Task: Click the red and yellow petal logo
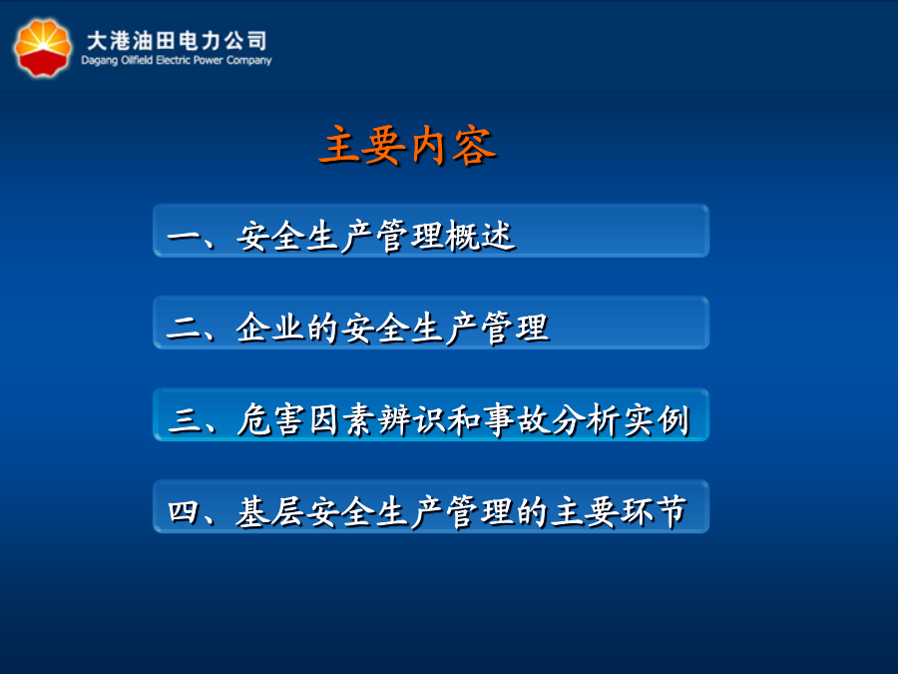pyautogui.click(x=43, y=48)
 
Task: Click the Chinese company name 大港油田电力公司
pyautogui.click(x=177, y=41)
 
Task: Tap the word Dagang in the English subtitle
pyautogui.click(x=99, y=61)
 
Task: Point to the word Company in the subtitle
pyautogui.click(x=248, y=61)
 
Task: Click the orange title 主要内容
pyautogui.click(x=408, y=145)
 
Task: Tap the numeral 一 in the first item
pyautogui.click(x=184, y=236)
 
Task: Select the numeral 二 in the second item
pyautogui.click(x=183, y=329)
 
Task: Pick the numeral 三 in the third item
pyautogui.click(x=184, y=420)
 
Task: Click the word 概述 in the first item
pyautogui.click(x=481, y=236)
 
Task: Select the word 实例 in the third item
pyautogui.click(x=657, y=420)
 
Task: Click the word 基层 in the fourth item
pyautogui.click(x=269, y=511)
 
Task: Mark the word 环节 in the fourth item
pyautogui.click(x=654, y=511)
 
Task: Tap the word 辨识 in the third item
pyautogui.click(x=411, y=420)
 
